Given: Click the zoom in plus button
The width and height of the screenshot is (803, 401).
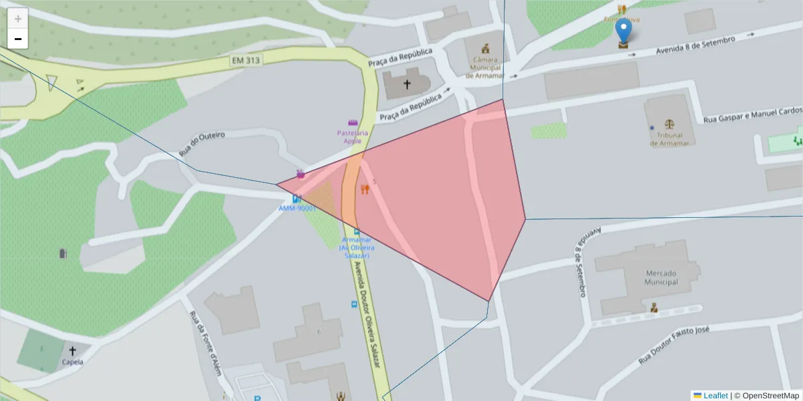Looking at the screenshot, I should click(18, 18).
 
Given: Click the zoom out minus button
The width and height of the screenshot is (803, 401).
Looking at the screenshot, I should click(18, 39).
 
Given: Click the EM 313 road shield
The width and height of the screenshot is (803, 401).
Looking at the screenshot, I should click(245, 60).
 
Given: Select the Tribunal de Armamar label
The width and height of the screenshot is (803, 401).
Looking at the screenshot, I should click(669, 139).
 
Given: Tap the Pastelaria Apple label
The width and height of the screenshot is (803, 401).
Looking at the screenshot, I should click(353, 137).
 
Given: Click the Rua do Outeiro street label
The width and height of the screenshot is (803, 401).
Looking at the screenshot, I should click(201, 144).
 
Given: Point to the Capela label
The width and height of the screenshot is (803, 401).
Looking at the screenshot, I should click(72, 362).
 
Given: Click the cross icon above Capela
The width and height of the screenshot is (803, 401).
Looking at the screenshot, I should click(72, 350).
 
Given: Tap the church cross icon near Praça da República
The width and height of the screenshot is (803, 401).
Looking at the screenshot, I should click(407, 85).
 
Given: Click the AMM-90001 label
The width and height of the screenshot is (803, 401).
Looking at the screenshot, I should click(297, 209).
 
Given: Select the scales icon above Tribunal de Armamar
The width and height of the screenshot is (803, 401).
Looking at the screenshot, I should click(669, 124).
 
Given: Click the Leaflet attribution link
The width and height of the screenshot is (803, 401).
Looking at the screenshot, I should click(715, 396).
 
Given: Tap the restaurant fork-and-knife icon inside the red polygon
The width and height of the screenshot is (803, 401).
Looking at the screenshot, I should click(365, 189).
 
